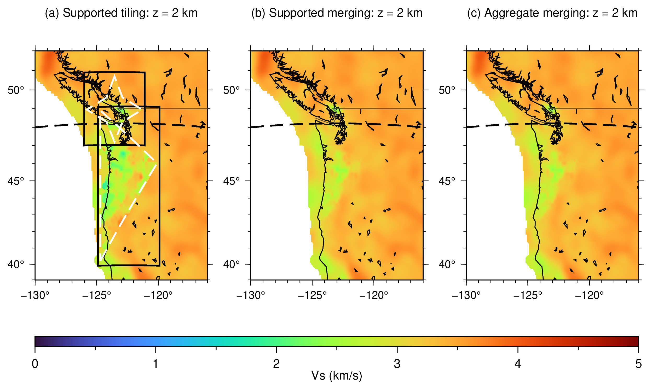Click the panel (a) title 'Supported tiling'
pyautogui.click(x=106, y=13)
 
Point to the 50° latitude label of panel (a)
pyautogui.click(x=16, y=90)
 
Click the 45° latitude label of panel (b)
pyautogui.click(x=231, y=181)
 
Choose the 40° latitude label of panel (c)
pyautogui.click(x=447, y=264)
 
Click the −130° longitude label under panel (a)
pyautogui.click(x=35, y=295)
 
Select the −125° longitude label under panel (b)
pyautogui.click(x=312, y=295)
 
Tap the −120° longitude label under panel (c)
pyautogui.click(x=589, y=295)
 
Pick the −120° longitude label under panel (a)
pyautogui.click(x=158, y=295)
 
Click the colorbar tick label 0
pyautogui.click(x=35, y=364)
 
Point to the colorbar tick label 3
pyautogui.click(x=397, y=364)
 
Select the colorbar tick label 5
pyautogui.click(x=639, y=364)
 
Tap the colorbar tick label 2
pyautogui.click(x=276, y=364)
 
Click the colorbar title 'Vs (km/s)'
pyautogui.click(x=337, y=376)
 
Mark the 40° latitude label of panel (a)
pyautogui.click(x=16, y=264)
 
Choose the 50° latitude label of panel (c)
pyautogui.click(x=447, y=90)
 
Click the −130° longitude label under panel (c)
pyautogui.click(x=466, y=295)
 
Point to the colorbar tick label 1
pyautogui.click(x=156, y=364)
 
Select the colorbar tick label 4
pyautogui.click(x=518, y=364)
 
